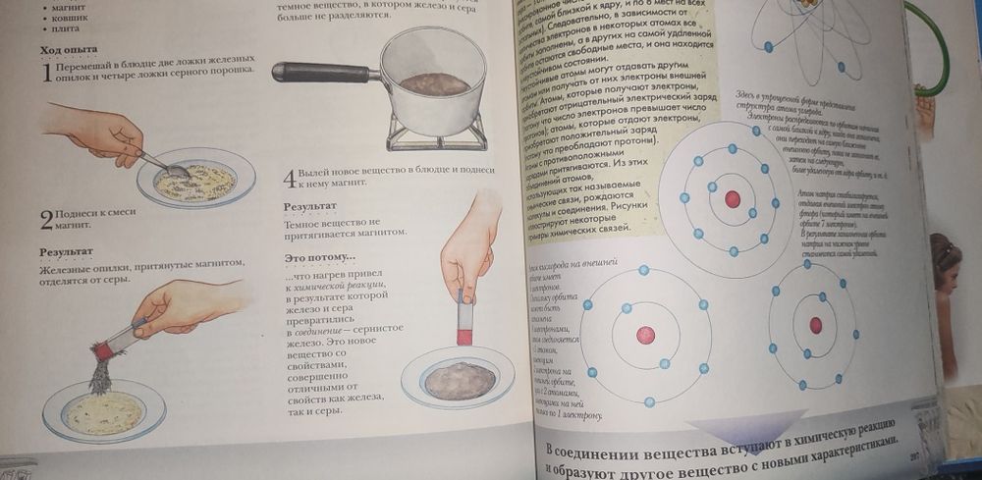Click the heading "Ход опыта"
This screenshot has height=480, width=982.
(66, 50)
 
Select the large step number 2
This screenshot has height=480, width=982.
(46, 219)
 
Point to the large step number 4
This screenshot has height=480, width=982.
(289, 179)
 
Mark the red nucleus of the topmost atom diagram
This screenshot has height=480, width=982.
(732, 198)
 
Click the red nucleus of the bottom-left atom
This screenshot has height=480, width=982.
(645, 335)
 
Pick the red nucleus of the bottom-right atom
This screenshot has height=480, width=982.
(815, 325)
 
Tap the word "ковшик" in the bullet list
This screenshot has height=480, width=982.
(71, 17)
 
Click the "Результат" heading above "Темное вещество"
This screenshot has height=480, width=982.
(310, 207)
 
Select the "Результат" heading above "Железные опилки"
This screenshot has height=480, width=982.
(67, 252)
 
